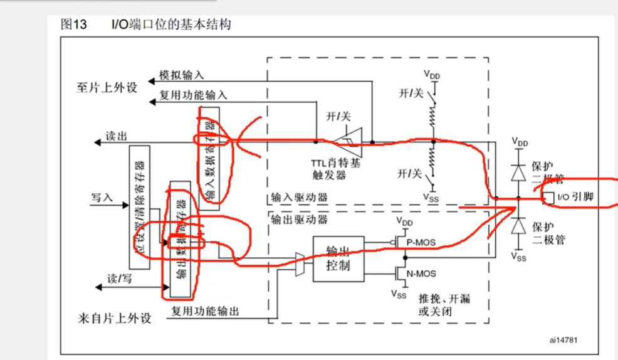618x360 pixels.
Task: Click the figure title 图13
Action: click(74, 24)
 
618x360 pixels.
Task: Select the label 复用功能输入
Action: click(193, 95)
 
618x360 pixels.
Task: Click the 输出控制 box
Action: click(338, 258)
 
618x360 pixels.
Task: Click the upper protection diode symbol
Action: click(518, 170)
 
